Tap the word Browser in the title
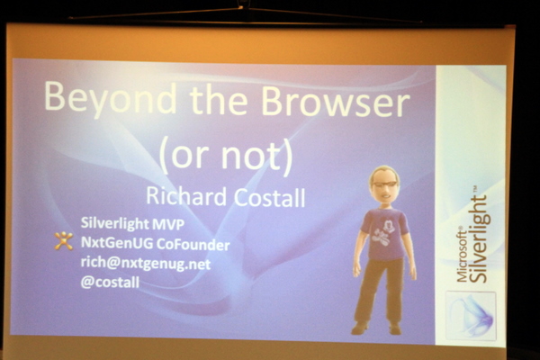point(336,101)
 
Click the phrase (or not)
point(226,157)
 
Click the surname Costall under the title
point(270,197)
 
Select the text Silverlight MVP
point(132,224)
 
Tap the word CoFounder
point(193,244)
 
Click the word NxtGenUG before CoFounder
point(117,243)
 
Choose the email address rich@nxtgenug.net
point(145,264)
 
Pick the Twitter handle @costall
point(110,283)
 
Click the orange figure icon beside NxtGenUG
point(64,240)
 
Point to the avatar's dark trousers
point(379,291)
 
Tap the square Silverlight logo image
point(471,315)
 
